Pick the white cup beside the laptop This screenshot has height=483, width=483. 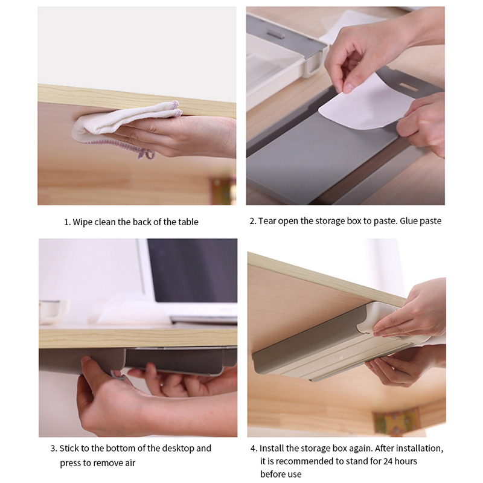coord(53,312)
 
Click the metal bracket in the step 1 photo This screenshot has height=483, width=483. coord(222,190)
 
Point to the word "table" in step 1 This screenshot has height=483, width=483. coord(187,222)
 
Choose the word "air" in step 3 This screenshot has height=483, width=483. coord(130,463)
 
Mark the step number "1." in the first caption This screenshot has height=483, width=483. coord(67,222)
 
